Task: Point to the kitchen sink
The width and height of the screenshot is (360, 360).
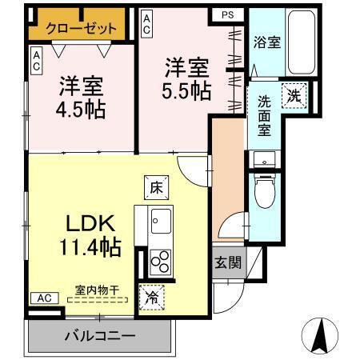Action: click(x=159, y=218)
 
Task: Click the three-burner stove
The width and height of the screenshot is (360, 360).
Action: click(x=160, y=262)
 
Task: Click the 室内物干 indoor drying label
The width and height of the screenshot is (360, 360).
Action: click(x=97, y=291)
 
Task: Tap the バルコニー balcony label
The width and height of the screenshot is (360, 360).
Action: click(x=99, y=335)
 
